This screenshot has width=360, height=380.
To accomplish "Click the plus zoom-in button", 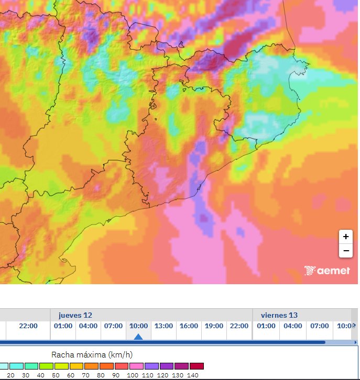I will point(345,237).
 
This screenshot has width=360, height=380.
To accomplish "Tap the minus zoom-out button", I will point(345,251).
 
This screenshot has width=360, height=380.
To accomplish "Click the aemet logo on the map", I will point(328,270).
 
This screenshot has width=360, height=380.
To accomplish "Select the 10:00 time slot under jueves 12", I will point(138,326).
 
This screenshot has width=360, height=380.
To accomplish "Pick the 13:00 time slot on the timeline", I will point(163,326).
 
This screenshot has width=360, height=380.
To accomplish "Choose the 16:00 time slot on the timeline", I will point(189,326).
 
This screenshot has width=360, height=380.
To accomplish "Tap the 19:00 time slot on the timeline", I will point(214,326).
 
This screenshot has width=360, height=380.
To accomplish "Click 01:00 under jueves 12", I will point(63,326).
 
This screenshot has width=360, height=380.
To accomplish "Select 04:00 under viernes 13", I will point(292,326).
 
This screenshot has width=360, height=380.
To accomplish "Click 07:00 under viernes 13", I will point(319,326).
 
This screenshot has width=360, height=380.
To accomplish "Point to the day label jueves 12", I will point(75,315).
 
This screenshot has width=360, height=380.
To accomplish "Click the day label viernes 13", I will point(279,315).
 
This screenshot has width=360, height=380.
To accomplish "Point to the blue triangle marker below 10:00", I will point(138,337).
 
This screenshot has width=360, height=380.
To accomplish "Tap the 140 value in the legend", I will point(193,375).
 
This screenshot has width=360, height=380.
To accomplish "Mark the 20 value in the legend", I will point(10,375).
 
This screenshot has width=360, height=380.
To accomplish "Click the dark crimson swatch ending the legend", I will point(197,366).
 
